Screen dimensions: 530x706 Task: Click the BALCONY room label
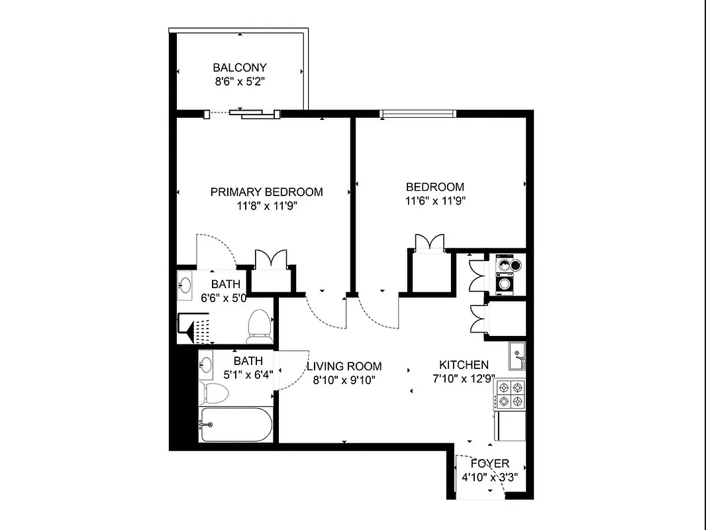[239, 68]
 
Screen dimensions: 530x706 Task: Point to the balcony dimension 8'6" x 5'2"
[239, 82]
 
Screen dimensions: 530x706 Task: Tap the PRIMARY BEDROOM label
[266, 192]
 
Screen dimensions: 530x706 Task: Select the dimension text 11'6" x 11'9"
[434, 201]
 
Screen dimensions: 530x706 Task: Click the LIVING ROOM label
[344, 366]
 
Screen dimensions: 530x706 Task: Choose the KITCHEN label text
[464, 365]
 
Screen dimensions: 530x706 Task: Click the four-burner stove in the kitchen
[511, 394]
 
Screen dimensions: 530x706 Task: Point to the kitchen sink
[517, 356]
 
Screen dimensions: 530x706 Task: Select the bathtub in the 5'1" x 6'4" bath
[236, 425]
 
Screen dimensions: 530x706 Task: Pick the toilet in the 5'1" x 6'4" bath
[215, 393]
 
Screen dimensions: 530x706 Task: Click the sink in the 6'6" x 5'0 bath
[185, 286]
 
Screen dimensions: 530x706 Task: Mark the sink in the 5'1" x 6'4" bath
[207, 364]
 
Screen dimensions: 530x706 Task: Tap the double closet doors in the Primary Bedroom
[271, 259]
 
